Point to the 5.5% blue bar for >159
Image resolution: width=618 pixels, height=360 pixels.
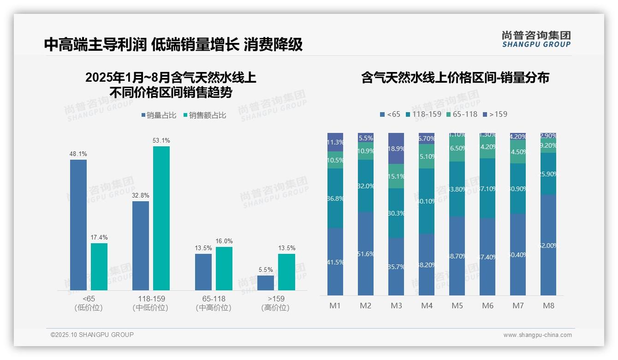[266, 283]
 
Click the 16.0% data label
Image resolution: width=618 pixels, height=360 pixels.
[224, 241]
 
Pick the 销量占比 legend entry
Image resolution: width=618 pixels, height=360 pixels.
[159, 115]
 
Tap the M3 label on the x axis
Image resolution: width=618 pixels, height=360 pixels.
[396, 306]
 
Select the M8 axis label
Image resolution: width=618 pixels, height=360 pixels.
[548, 306]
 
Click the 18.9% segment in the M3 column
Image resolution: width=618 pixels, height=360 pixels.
[396, 148]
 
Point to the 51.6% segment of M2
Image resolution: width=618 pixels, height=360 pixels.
[366, 253]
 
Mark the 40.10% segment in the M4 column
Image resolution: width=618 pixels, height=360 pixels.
[427, 201]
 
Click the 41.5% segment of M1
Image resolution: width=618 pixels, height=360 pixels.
[335, 261]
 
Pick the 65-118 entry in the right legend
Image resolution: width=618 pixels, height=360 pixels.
[461, 114]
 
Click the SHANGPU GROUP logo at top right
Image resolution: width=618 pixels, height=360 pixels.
[536, 39]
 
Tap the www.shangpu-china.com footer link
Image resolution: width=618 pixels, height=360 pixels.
[537, 335]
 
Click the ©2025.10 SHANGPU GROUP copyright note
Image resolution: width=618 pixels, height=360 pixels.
[92, 335]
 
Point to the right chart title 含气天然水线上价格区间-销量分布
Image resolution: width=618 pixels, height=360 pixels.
[455, 78]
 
